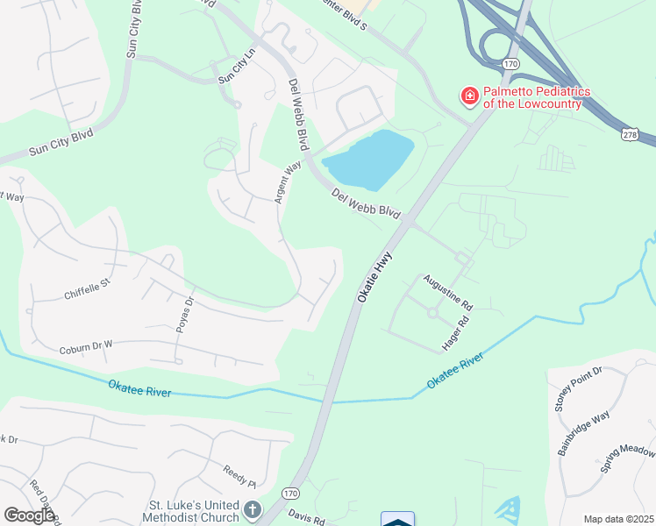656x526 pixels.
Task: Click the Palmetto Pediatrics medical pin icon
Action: coord(469,96)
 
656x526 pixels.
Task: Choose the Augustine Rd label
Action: coord(448,294)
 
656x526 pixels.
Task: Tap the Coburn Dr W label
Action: coord(87,347)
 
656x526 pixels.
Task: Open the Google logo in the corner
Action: coord(29,515)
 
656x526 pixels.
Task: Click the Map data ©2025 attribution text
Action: coord(618,519)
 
